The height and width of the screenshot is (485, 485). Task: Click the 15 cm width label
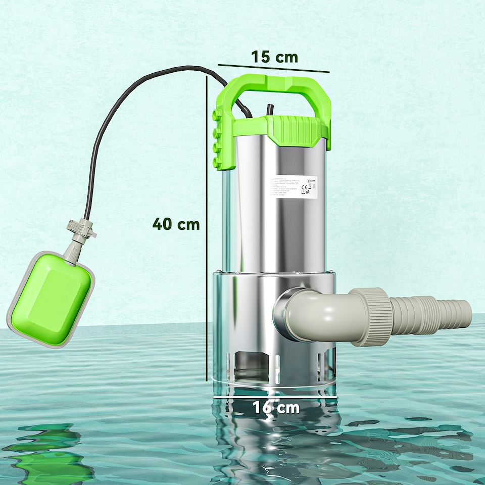[x=275, y=57]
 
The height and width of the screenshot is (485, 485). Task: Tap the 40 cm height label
[x=176, y=224]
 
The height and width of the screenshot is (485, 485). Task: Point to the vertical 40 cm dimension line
[x=207, y=227]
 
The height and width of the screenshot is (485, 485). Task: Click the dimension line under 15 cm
[x=273, y=69]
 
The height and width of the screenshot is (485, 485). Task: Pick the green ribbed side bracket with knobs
[x=221, y=139]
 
